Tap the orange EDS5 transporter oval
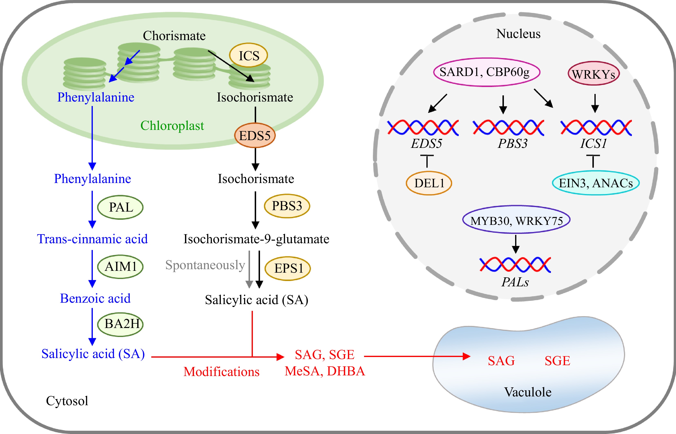[x=255, y=136]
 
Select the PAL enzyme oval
[x=120, y=208]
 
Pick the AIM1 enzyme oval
[x=120, y=267]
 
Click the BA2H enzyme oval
[x=120, y=324]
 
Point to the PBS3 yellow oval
[x=287, y=206]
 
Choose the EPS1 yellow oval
[x=288, y=268]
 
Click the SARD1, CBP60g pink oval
[x=487, y=72]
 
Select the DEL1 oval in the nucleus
[x=429, y=183]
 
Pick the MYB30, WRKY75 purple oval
[x=516, y=220]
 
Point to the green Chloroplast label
[x=172, y=126]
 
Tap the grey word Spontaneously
[x=205, y=265]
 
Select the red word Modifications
[x=221, y=372]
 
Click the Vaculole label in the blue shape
[x=528, y=392]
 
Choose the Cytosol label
[x=67, y=401]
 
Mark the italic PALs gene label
[x=515, y=282]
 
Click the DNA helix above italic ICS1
[x=596, y=127]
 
